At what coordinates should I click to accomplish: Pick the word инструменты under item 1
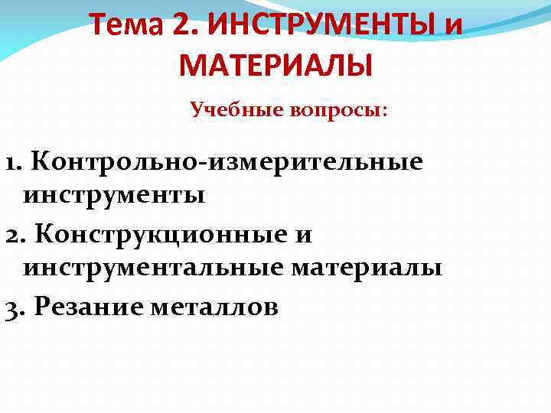tap(114, 195)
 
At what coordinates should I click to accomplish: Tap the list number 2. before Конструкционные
tap(15, 233)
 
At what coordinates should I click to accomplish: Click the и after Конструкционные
tap(303, 234)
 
